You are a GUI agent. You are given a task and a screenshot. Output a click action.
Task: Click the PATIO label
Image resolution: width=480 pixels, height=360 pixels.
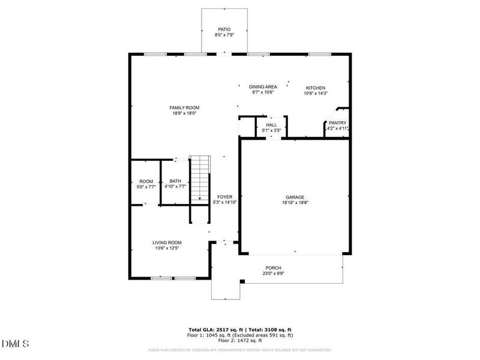pos(223,29)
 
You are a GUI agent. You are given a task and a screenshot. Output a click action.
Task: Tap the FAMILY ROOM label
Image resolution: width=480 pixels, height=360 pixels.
pos(184,107)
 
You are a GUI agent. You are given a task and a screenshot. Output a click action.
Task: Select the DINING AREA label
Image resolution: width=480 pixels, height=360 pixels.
pos(263,87)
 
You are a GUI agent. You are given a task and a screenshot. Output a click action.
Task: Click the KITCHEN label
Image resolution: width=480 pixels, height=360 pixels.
pos(316,87)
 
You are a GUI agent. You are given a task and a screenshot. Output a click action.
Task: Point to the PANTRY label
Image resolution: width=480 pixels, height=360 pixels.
pos(337,123)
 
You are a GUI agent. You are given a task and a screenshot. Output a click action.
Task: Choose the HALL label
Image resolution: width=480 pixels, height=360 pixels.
pos(271,124)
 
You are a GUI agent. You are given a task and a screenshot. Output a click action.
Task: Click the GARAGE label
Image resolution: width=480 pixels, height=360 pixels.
pos(295,197)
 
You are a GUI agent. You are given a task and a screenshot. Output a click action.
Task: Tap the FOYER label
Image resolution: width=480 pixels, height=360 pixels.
pos(224,197)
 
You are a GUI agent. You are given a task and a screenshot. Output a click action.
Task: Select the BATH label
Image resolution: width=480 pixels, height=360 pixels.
pos(175,181)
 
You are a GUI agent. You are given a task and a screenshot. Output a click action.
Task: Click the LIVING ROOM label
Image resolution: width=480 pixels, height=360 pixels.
pos(166,242)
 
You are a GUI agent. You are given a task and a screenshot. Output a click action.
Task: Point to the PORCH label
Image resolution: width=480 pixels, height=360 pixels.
pos(274,268)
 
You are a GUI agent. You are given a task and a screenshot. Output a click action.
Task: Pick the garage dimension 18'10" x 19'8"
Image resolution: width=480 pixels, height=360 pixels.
pos(295,202)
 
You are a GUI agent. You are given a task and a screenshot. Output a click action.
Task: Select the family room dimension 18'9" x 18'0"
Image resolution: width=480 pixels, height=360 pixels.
pos(184,113)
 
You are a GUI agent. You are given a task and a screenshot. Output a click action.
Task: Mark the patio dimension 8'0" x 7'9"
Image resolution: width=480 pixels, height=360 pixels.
pos(223,35)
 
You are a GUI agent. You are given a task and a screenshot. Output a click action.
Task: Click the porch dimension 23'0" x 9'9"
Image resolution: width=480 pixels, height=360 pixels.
pos(274,273)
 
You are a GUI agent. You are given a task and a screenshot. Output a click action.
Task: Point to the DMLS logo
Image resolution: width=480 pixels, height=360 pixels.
pos(16,344)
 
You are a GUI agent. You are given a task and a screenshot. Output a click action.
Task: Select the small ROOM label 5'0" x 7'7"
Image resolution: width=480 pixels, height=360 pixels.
pos(146,181)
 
